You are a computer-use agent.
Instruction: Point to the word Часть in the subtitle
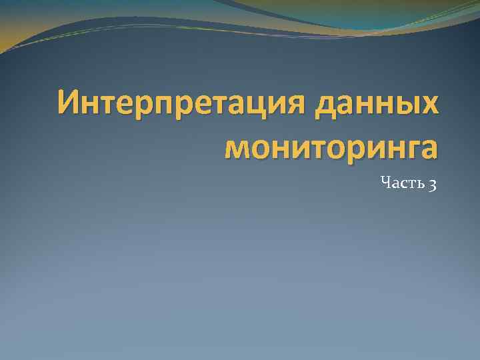399,182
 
